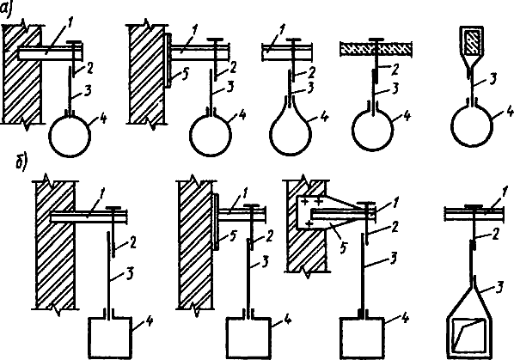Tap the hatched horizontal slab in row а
pyautogui.click(x=376, y=48)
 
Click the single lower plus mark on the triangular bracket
pyautogui.click(x=309, y=223)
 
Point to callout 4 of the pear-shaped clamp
pyautogui.click(x=323, y=116)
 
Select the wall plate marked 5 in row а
pyautogui.click(x=167, y=61)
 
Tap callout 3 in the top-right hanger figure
pyautogui.click(x=492, y=80)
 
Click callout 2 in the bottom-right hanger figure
pyautogui.click(x=493, y=235)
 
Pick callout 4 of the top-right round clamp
pyautogui.click(x=509, y=112)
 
